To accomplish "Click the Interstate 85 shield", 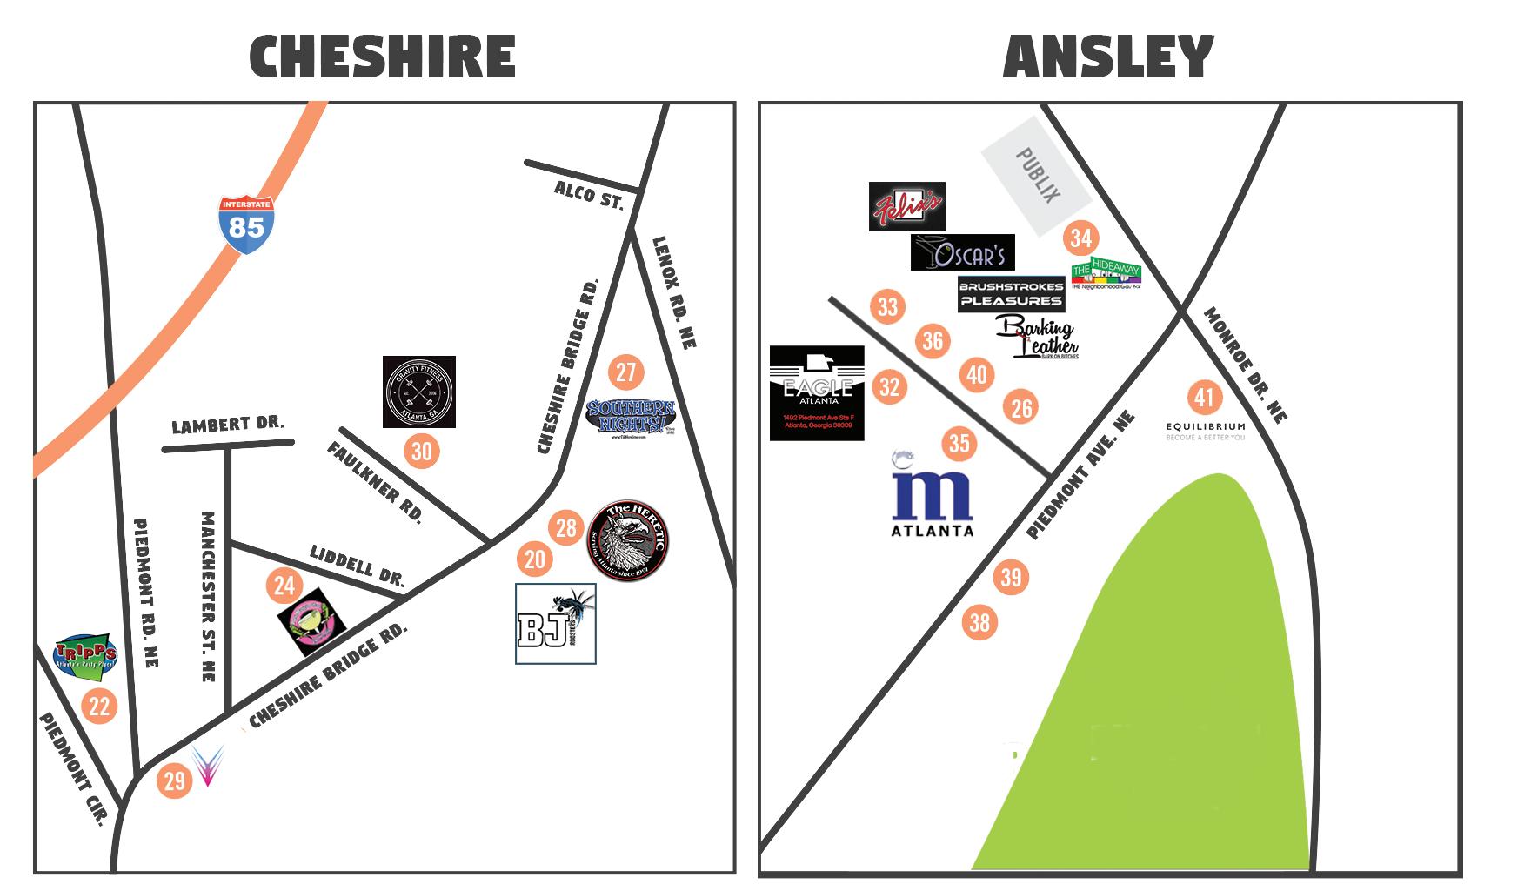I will tap(246, 224).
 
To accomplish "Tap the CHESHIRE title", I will tap(383, 57).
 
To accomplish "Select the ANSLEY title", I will tap(1107, 57).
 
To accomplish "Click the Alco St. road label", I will tap(590, 195).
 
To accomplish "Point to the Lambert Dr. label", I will tap(228, 425).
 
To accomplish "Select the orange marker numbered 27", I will tap(625, 372).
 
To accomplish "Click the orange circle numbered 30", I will tap(421, 451).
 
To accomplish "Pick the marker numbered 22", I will tap(99, 706).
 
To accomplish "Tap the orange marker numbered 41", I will tap(1204, 398).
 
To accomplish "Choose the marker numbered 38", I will tap(979, 622).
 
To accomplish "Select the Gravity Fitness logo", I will tap(419, 392).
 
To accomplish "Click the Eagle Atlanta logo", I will tap(817, 393).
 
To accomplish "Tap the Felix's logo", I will tap(906, 206).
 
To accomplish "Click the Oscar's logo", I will tap(962, 252).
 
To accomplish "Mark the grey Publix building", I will tap(1036, 188).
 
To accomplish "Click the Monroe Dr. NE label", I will tap(1245, 365).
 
